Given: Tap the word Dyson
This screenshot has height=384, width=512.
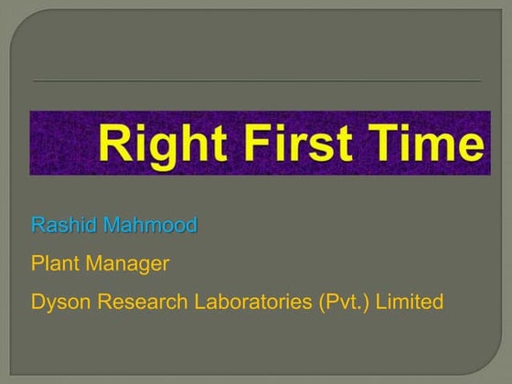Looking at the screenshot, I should point(58,301).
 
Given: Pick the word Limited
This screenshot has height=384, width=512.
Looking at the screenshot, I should point(410,301).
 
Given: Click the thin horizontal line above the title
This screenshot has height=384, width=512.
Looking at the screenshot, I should point(256,80).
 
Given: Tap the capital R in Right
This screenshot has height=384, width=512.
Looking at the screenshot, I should point(114,144).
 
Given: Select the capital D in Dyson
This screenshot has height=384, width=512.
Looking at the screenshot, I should point(37,301).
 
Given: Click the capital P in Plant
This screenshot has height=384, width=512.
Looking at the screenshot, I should point(37,263).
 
